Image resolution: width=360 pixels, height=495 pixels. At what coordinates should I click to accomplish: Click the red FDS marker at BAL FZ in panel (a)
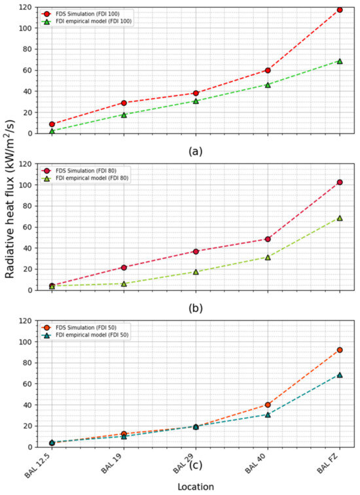click(340, 10)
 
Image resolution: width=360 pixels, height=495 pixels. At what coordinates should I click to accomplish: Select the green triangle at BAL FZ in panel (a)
click(340, 61)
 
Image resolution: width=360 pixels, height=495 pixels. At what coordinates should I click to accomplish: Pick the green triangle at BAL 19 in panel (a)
click(124, 114)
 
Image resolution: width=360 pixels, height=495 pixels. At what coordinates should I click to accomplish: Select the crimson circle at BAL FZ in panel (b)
click(340, 182)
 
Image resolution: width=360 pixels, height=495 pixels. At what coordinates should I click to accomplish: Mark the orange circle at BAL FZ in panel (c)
click(340, 350)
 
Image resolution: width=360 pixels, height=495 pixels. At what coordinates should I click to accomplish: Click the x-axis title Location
click(196, 486)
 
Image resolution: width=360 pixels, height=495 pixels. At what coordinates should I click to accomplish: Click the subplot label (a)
click(196, 150)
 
